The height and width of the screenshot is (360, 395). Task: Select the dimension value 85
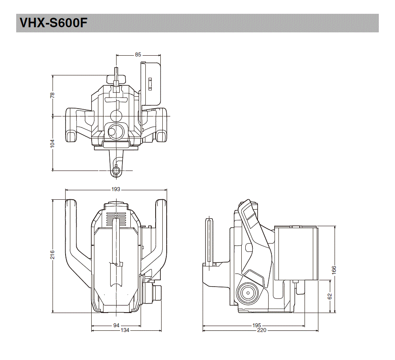pyautogui.click(x=138, y=55)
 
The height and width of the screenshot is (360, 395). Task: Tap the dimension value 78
pyautogui.click(x=53, y=95)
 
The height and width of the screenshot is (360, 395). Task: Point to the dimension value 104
pyautogui.click(x=53, y=143)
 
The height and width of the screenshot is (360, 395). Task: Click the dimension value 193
pyautogui.click(x=115, y=189)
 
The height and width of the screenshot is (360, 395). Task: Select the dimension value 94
pyautogui.click(x=116, y=325)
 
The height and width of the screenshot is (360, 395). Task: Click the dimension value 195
pyautogui.click(x=256, y=325)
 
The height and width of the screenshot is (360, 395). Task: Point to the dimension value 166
pyautogui.click(x=334, y=270)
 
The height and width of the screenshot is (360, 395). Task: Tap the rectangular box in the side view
pyautogui.click(x=296, y=253)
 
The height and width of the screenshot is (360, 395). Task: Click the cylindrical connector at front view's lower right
pyautogui.click(x=157, y=292)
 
